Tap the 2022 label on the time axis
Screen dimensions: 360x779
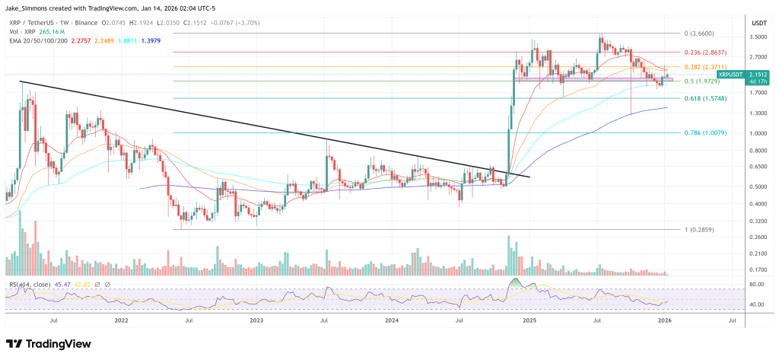click(x=121, y=321)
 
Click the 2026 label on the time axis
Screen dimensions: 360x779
click(x=665, y=321)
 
